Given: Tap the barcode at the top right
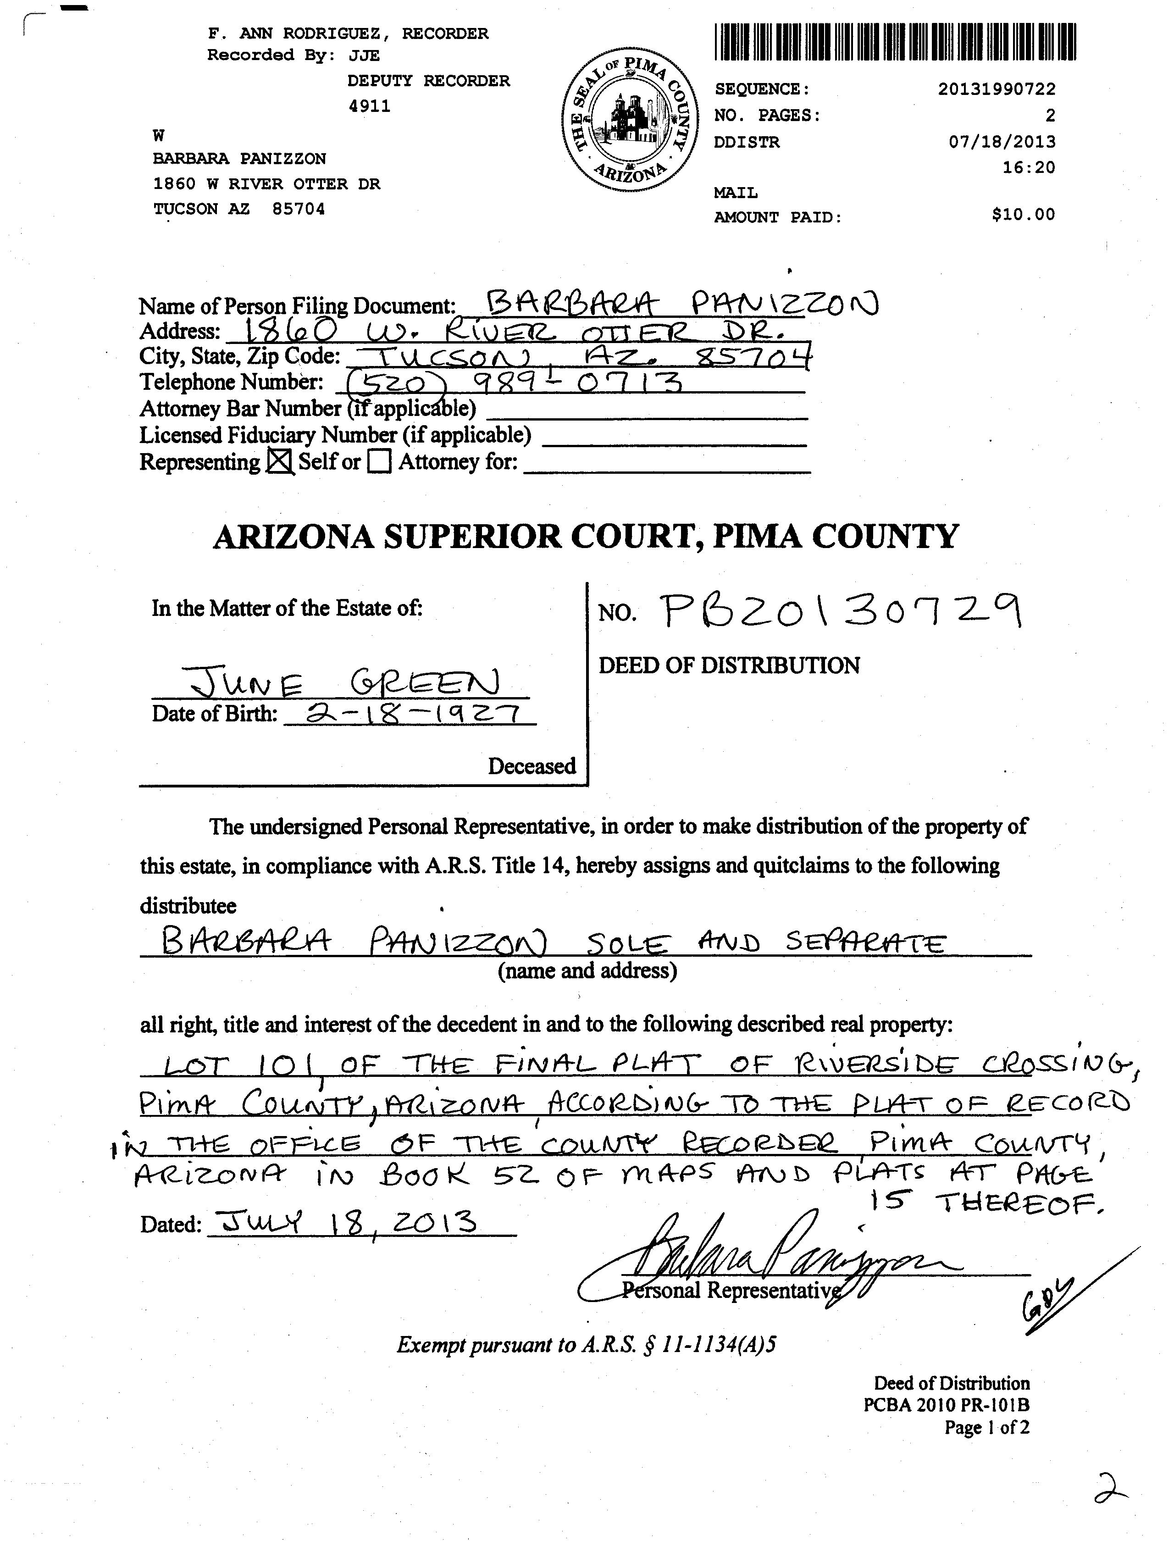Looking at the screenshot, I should coord(895,42).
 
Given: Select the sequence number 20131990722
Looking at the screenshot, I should coord(997,89).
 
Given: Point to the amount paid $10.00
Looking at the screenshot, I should coord(1023,215).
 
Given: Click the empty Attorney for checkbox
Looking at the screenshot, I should coord(379,462).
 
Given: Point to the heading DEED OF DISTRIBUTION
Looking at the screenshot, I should coord(729,665).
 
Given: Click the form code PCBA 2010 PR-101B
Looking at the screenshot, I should coord(946,1405).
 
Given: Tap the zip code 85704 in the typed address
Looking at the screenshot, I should coord(299,209).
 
